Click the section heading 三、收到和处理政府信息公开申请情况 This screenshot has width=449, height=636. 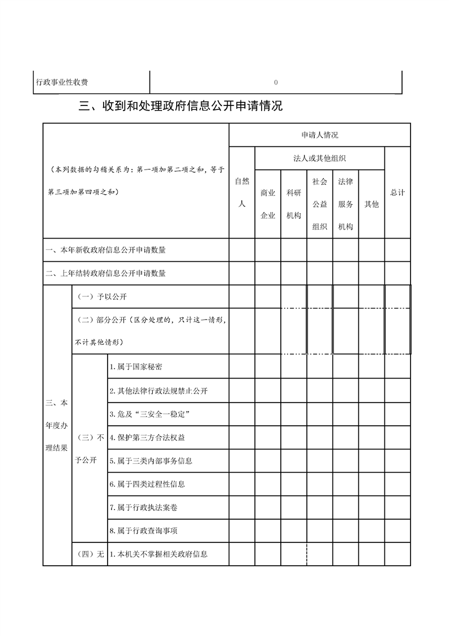(181, 106)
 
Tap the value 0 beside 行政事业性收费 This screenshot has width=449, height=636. (276, 82)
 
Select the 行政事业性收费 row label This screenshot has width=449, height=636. (62, 82)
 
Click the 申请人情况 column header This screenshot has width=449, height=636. (319, 135)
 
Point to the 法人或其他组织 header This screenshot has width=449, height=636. (319, 158)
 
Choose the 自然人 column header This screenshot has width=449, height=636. (242, 192)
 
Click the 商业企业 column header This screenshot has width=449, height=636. (268, 204)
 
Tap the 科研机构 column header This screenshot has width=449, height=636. (294, 204)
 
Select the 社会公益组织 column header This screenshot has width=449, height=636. (320, 204)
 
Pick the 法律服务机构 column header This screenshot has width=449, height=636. (345, 204)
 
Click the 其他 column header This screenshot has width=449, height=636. (371, 204)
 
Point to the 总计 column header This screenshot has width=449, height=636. (397, 193)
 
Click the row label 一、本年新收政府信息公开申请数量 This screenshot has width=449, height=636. (106, 249)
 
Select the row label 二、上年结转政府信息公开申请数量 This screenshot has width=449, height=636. (106, 273)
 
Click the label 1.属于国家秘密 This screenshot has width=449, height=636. (136, 366)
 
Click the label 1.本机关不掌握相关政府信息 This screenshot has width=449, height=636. (159, 554)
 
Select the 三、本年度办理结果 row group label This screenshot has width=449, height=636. (57, 425)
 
